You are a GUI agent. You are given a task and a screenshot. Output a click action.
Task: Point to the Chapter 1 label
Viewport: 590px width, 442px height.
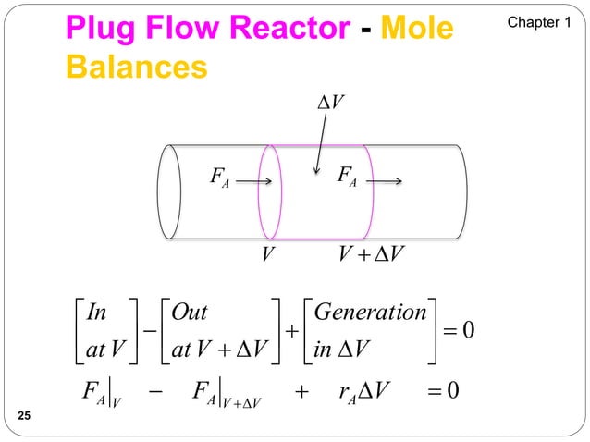(535, 20)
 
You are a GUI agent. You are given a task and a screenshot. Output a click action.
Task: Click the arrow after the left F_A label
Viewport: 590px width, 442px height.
(253, 181)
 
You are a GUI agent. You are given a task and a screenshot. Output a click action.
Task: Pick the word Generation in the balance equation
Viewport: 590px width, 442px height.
(370, 311)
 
